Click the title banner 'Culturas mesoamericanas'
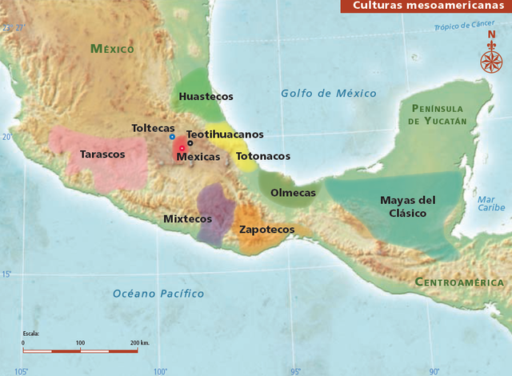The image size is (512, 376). click(426, 6)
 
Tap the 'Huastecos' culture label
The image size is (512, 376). click(206, 96)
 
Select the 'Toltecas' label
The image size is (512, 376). click(154, 128)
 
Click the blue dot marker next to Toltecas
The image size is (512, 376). click(172, 137)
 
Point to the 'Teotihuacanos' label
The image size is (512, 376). click(225, 134)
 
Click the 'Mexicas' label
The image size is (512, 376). click(198, 157)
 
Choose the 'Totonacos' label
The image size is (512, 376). click(262, 156)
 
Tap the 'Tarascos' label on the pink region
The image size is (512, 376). click(102, 154)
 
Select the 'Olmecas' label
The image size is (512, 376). click(293, 193)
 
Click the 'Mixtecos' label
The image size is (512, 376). click(187, 218)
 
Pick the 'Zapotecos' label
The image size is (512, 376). click(266, 230)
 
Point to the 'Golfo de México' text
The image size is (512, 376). click(328, 94)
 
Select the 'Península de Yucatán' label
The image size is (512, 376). click(437, 114)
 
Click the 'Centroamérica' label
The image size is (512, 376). click(459, 282)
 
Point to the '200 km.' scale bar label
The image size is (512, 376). click(139, 342)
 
